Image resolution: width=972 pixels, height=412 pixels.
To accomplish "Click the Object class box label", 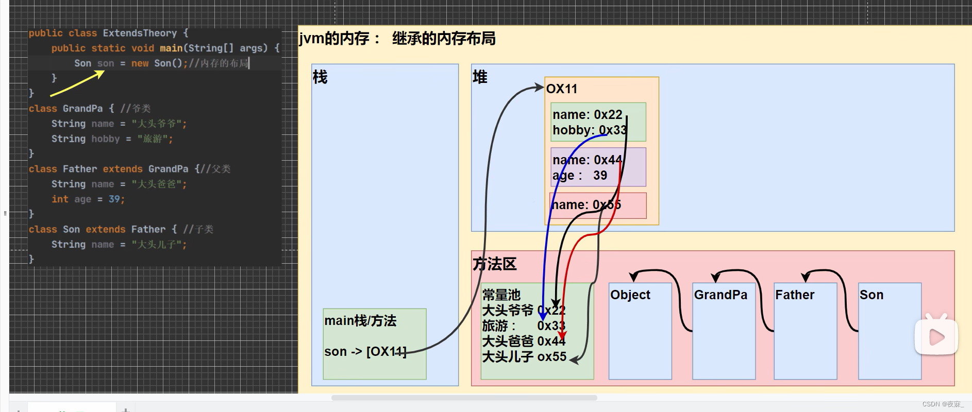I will click(630, 295).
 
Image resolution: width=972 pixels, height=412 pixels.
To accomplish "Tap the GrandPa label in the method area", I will click(720, 295).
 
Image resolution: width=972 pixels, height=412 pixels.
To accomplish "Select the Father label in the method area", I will click(795, 295).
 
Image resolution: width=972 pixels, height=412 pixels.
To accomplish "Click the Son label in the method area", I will click(871, 295).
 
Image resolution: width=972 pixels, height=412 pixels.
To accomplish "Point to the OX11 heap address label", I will click(562, 89).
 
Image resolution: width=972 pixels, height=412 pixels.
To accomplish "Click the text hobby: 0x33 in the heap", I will click(589, 130).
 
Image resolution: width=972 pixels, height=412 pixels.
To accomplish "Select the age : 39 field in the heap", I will click(580, 176).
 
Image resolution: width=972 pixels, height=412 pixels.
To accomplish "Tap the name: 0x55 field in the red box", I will click(586, 205).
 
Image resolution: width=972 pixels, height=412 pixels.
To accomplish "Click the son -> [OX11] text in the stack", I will click(365, 352).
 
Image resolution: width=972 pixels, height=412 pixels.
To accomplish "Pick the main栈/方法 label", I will click(360, 321).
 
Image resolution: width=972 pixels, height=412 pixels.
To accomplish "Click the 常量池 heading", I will click(501, 295).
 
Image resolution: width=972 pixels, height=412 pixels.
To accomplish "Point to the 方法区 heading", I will click(494, 264).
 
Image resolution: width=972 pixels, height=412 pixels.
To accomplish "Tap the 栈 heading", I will click(320, 77).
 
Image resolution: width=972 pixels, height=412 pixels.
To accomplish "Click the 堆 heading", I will click(480, 77).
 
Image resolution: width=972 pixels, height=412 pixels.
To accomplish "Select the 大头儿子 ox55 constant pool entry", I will click(524, 357).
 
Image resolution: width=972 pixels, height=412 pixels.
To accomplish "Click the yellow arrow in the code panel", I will click(77, 83).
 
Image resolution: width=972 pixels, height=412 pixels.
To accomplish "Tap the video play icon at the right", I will click(936, 337).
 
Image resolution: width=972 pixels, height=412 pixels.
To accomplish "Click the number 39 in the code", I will click(114, 199).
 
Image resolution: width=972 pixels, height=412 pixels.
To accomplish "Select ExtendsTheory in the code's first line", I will click(140, 33).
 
